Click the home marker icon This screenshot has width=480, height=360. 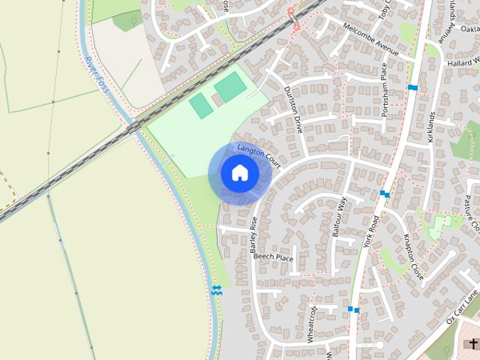[240, 173]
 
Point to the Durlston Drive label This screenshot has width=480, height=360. [292, 109]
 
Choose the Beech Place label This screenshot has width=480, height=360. [273, 256]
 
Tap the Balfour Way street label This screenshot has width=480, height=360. [338, 217]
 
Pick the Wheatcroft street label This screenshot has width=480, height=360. [313, 324]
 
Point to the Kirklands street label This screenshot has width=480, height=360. [430, 127]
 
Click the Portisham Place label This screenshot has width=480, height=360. [383, 81]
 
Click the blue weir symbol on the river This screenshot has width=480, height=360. [217, 290]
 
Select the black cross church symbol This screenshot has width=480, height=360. [473, 343]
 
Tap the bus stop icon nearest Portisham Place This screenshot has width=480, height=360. [412, 88]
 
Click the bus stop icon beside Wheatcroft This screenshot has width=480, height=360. [353, 309]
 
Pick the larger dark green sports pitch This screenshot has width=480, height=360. [230, 88]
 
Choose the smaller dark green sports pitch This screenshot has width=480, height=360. [200, 105]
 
